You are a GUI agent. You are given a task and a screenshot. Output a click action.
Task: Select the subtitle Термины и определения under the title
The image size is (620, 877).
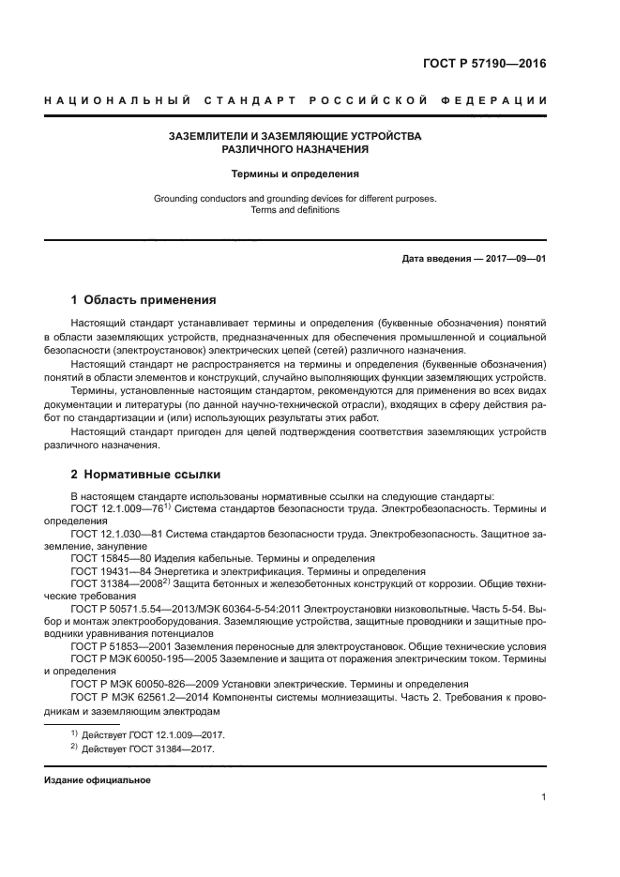pyautogui.click(x=295, y=174)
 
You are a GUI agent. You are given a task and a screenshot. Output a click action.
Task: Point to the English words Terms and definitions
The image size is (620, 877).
pyautogui.click(x=295, y=210)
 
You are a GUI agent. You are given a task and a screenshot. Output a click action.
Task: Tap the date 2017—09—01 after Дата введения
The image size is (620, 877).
pyautogui.click(x=515, y=259)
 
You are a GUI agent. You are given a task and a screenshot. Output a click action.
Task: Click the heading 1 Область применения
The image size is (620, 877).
pyautogui.click(x=144, y=301)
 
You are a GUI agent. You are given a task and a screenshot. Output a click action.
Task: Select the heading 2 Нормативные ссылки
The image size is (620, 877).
pyautogui.click(x=146, y=476)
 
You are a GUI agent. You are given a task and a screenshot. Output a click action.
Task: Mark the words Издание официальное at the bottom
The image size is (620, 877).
pyautogui.click(x=98, y=780)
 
